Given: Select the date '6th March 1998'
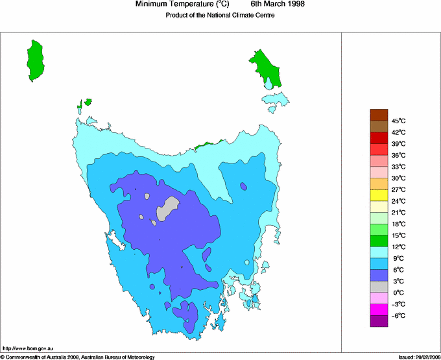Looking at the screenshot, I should tap(278, 5).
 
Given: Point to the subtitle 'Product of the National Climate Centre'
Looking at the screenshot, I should tap(220, 15).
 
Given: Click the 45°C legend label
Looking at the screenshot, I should tap(398, 121).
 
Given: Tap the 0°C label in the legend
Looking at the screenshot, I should tap(398, 293).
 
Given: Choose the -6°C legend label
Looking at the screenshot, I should tap(398, 315).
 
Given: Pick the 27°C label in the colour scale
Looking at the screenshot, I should tap(398, 189).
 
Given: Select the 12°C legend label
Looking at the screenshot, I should tap(398, 246).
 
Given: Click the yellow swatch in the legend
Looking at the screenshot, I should tap(379, 195).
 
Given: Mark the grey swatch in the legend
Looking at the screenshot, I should tap(379, 286).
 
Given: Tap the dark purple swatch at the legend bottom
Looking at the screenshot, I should tap(379, 320).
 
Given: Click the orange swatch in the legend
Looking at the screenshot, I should tap(379, 184).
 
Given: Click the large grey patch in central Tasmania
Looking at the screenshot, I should tap(168, 208).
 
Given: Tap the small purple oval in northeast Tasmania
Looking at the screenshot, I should tap(243, 186).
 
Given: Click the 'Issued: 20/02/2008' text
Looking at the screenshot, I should tap(418, 357).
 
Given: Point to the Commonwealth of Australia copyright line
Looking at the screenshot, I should tap(78, 357).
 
